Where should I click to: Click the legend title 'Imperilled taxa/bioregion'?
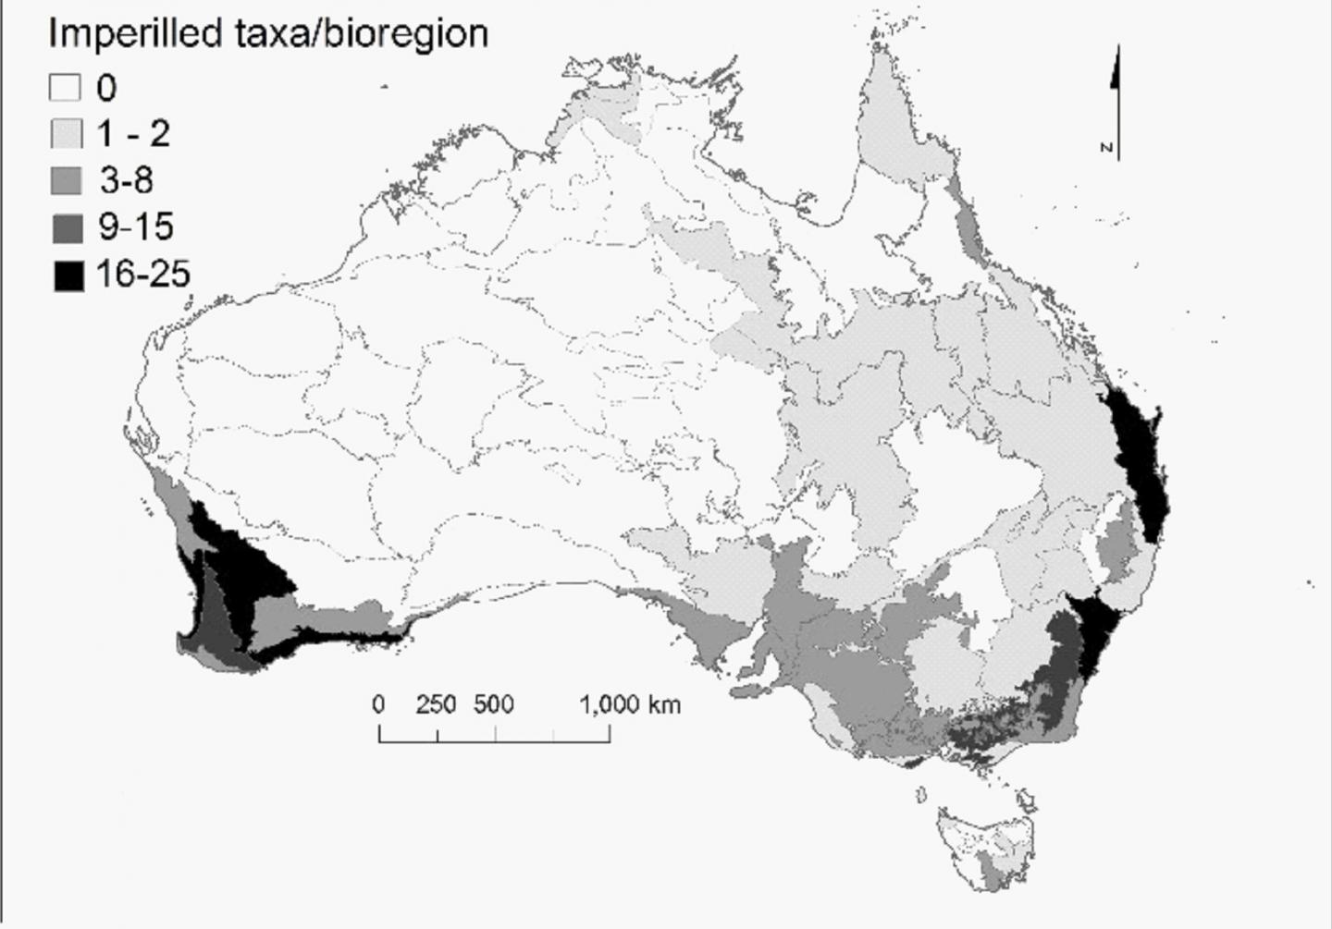click(x=267, y=34)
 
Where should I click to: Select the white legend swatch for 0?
click(x=65, y=88)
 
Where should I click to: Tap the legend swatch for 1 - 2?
click(x=65, y=134)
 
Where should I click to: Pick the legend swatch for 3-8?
click(x=65, y=181)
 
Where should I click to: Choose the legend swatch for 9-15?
click(x=67, y=227)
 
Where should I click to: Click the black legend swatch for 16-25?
click(x=68, y=275)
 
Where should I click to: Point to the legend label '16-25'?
click(x=143, y=274)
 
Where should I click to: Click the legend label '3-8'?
click(x=127, y=180)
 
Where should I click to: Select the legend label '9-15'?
click(x=135, y=226)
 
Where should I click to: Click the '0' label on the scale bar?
click(x=378, y=704)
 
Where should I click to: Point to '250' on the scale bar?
click(x=436, y=704)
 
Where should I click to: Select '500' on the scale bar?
click(x=494, y=704)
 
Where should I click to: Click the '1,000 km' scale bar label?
click(x=630, y=704)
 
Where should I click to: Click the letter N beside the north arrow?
click(x=1106, y=147)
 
